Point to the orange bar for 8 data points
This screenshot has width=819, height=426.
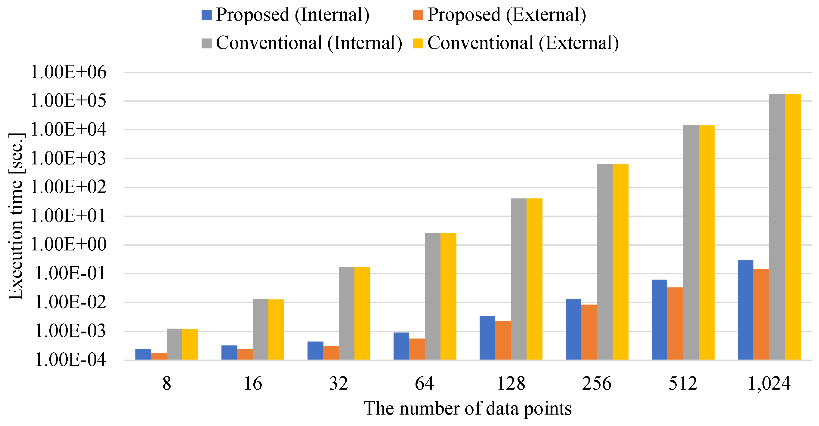click(x=159, y=357)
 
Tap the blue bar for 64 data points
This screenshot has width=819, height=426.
click(x=401, y=346)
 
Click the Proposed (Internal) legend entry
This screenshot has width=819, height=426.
click(x=286, y=15)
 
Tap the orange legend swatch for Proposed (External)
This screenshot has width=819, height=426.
click(x=417, y=15)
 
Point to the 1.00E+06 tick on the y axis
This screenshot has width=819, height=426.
click(x=68, y=72)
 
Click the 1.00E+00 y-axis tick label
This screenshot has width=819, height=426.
click(x=68, y=245)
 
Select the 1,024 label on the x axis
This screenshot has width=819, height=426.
click(x=769, y=383)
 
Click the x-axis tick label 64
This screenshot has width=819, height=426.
click(x=425, y=383)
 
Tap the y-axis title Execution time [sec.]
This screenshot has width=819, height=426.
click(x=16, y=216)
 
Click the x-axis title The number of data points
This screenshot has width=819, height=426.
click(x=468, y=409)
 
